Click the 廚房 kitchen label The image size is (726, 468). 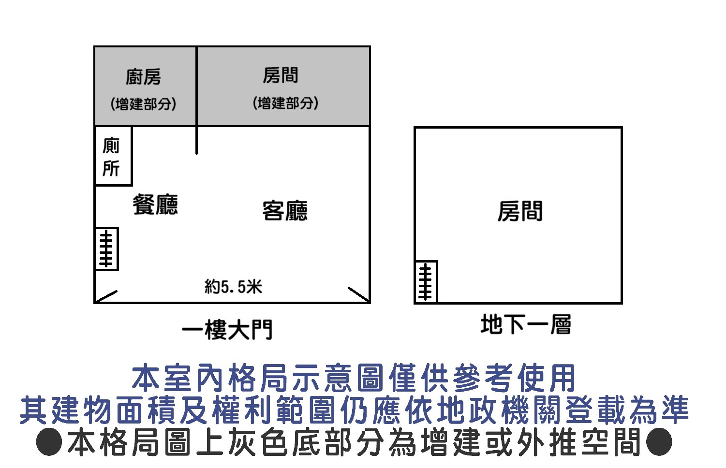coord(143,77)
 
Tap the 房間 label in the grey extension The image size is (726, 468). coord(281,75)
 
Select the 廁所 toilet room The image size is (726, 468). coord(113,156)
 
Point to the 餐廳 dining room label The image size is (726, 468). coord(155,205)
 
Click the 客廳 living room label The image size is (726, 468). coord(285,211)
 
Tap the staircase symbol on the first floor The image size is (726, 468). coord(106,249)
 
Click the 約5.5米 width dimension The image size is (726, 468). coord(233,287)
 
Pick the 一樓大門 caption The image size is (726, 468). coord(227,330)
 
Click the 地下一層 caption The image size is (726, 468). coord(526,324)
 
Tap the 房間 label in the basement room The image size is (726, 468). coord(520,211)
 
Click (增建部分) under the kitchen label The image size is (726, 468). coord(143,104)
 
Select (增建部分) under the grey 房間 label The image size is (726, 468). coord(285,103)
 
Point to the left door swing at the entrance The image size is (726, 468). coord(106,296)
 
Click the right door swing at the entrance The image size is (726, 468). coord(359,294)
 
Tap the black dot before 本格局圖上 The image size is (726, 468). coord(49,442)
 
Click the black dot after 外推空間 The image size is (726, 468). coord(659,442)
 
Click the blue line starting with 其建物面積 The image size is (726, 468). coord(354,409)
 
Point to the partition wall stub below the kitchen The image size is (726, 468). coord(196,140)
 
